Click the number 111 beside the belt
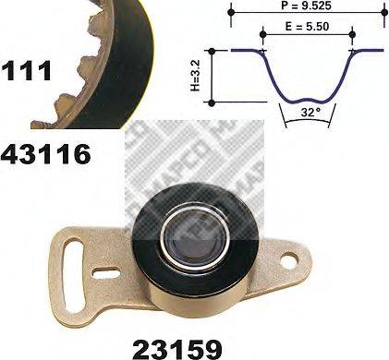pos(26,71)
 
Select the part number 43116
pos(46,154)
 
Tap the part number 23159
pos(177,349)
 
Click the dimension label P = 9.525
pos(306,6)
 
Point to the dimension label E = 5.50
pos(307,27)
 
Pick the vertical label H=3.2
pos(196,76)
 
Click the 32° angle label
pos(309,113)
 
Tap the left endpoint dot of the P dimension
pos(232,12)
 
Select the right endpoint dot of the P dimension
pos(384,12)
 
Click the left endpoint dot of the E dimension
pos(262,34)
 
